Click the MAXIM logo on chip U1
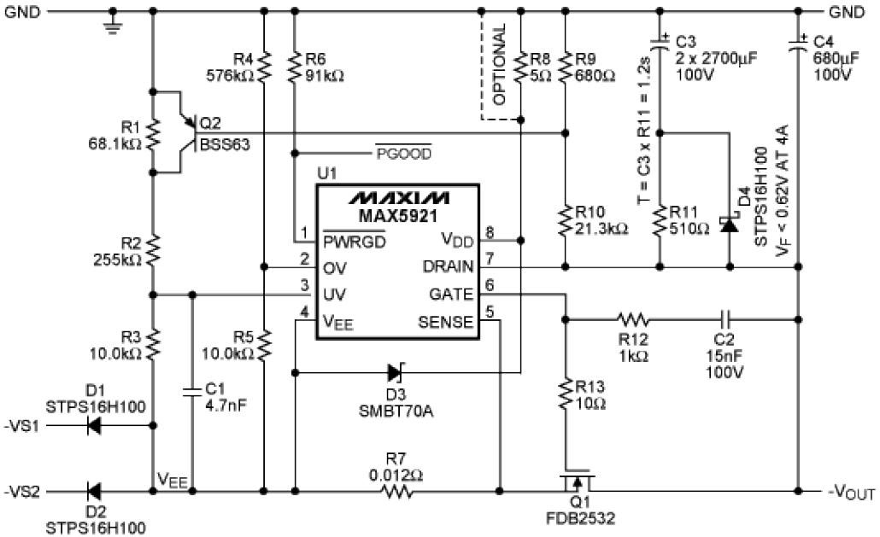click(397, 197)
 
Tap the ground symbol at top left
click(113, 25)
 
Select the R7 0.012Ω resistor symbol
click(397, 492)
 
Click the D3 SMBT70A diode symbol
click(396, 372)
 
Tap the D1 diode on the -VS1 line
click(95, 424)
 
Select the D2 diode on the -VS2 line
click(95, 492)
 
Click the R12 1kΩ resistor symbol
click(634, 320)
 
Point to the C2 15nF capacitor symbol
click(725, 320)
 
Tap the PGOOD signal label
click(403, 154)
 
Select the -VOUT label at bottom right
click(851, 493)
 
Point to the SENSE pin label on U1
click(445, 322)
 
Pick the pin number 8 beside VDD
click(490, 232)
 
